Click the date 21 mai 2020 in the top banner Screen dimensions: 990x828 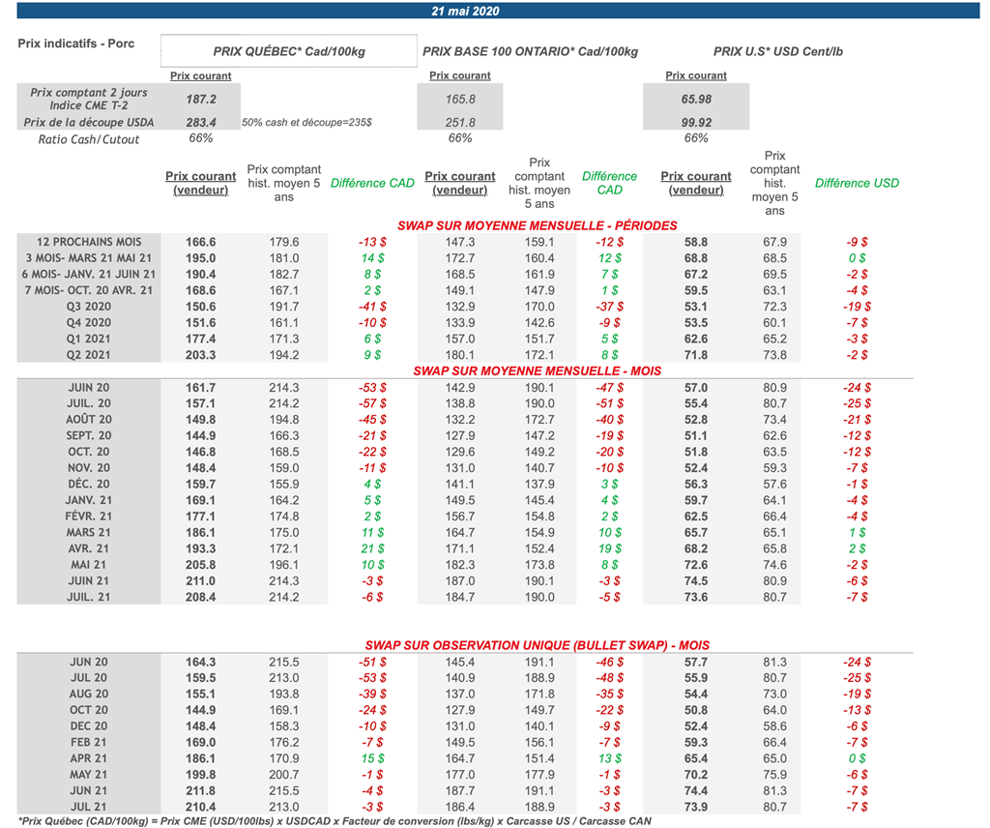[x=465, y=11]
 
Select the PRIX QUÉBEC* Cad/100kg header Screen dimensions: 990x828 [x=289, y=51]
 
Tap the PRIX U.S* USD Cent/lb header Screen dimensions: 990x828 [x=778, y=51]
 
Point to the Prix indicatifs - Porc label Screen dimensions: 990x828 [x=75, y=43]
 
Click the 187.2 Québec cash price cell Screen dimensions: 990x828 [x=201, y=100]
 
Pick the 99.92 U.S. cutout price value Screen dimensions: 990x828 [x=696, y=123]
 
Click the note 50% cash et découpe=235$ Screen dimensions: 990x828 [x=306, y=123]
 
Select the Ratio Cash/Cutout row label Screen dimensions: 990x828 [x=88, y=139]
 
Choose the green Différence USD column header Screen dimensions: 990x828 [x=857, y=183]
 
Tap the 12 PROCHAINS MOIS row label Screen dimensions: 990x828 [x=89, y=242]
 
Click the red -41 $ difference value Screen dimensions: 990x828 [x=372, y=307]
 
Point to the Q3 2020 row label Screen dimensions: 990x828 [x=88, y=307]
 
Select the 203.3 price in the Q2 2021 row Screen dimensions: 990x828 [x=201, y=355]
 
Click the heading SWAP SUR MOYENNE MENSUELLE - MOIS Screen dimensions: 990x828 [x=538, y=370]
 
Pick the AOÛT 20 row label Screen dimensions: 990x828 [x=88, y=420]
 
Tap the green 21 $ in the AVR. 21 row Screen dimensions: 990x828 [x=372, y=548]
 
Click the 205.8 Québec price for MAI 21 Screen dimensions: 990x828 [x=201, y=565]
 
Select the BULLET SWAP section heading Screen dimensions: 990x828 [x=538, y=645]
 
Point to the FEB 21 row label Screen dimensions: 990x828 [x=88, y=742]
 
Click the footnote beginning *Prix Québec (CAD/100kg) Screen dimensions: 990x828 [x=335, y=821]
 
